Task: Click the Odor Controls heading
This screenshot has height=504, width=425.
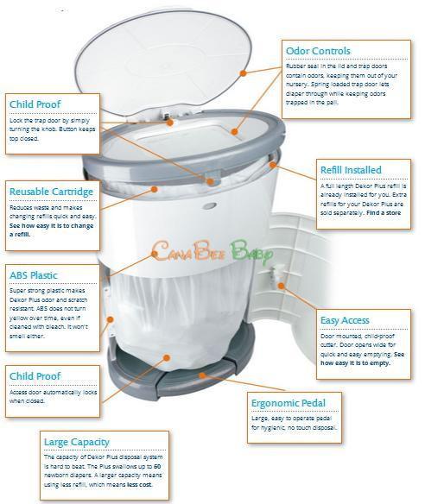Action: click(319, 51)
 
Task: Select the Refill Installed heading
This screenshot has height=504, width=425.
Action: click(350, 170)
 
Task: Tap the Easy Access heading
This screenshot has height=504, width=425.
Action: click(345, 320)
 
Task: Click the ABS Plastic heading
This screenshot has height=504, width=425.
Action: click(34, 276)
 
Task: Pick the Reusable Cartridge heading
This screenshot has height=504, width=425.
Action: click(51, 191)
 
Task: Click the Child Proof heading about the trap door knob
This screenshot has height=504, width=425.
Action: click(35, 104)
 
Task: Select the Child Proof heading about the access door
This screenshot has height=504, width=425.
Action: click(35, 376)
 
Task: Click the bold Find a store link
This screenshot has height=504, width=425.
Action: click(384, 211)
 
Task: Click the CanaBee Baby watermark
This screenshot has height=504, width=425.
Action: click(212, 252)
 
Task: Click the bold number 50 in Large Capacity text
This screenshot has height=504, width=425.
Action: click(156, 465)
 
